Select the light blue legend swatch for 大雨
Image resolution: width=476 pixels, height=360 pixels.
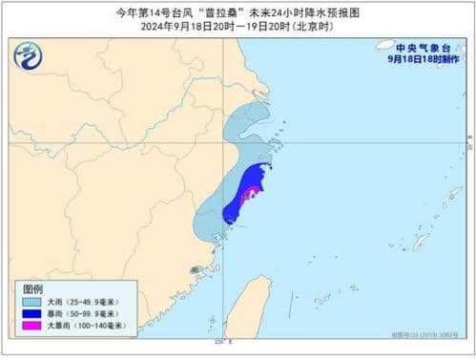[x=31, y=302]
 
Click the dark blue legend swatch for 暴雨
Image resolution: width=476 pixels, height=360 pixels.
[x=31, y=314]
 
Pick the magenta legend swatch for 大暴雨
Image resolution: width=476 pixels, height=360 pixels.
[x=31, y=327]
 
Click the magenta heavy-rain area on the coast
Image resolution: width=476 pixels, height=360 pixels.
[x=249, y=196]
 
